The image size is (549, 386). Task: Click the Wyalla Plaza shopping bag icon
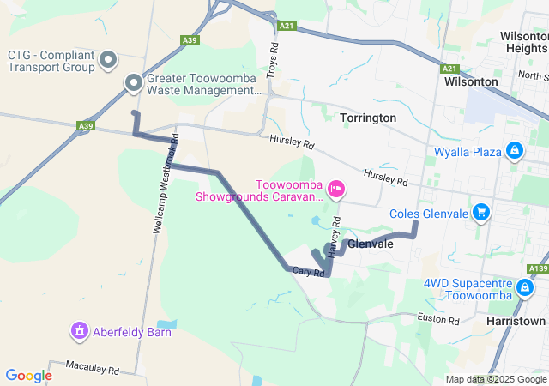click(514, 152)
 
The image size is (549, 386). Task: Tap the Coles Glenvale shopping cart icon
click(481, 212)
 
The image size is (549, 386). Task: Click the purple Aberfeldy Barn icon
click(80, 329)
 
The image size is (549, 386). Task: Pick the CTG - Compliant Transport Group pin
click(108, 60)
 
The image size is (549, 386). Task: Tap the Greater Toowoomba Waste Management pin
click(134, 83)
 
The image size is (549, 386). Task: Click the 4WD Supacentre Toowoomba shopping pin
click(524, 288)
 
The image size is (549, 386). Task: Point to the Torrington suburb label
click(368, 117)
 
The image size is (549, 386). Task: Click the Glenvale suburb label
click(371, 244)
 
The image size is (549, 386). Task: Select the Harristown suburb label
click(515, 321)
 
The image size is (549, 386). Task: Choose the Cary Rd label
click(307, 271)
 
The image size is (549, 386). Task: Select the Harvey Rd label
click(336, 234)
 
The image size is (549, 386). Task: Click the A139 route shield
click(538, 268)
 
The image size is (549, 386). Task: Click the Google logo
click(28, 376)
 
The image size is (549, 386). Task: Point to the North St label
click(533, 76)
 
